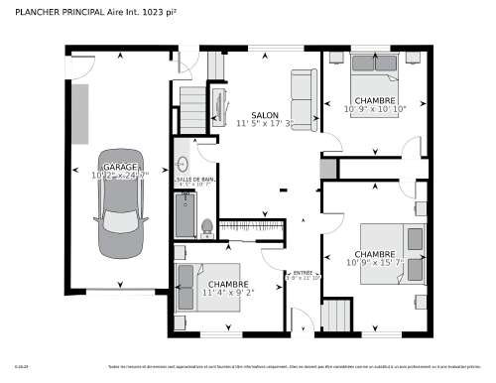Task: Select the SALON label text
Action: [264, 115]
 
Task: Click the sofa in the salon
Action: [304, 99]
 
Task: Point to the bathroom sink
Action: [183, 164]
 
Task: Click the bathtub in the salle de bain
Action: [184, 213]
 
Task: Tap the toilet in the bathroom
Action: [206, 228]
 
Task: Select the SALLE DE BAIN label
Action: [195, 179]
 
